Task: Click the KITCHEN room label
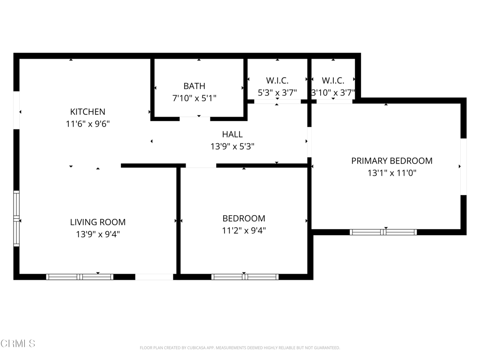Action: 88,112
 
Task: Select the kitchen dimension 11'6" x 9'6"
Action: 88,124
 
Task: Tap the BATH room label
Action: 194,86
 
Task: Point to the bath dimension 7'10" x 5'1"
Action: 194,98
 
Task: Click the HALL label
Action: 232,135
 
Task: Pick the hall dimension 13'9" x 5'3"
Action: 232,147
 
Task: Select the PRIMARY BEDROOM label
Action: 392,161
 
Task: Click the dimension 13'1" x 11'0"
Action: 392,173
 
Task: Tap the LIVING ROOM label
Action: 98,222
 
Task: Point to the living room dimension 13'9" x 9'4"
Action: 98,234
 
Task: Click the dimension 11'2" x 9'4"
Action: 244,231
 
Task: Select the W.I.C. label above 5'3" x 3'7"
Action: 277,81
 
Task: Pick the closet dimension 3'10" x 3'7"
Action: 333,93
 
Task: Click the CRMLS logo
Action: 18,344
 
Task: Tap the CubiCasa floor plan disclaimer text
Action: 240,348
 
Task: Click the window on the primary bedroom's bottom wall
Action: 383,232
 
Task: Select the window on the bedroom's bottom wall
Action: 245,277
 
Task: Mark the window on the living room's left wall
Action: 16,218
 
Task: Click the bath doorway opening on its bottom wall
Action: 195,119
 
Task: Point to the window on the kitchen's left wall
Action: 16,110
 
